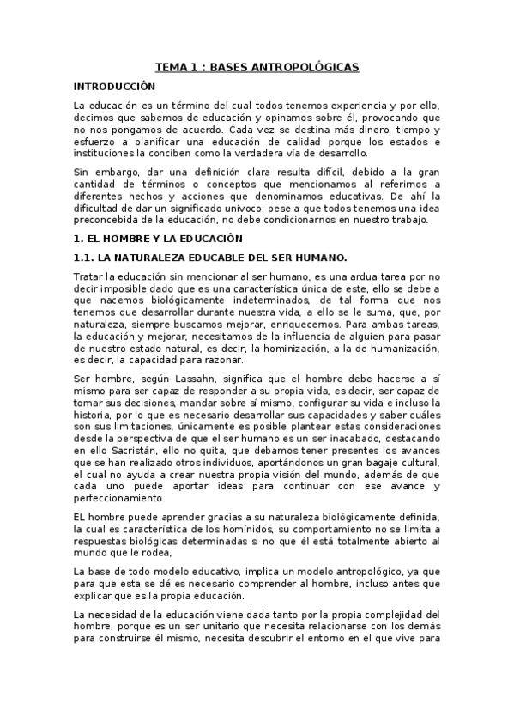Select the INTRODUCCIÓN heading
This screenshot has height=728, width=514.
(x=115, y=87)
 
